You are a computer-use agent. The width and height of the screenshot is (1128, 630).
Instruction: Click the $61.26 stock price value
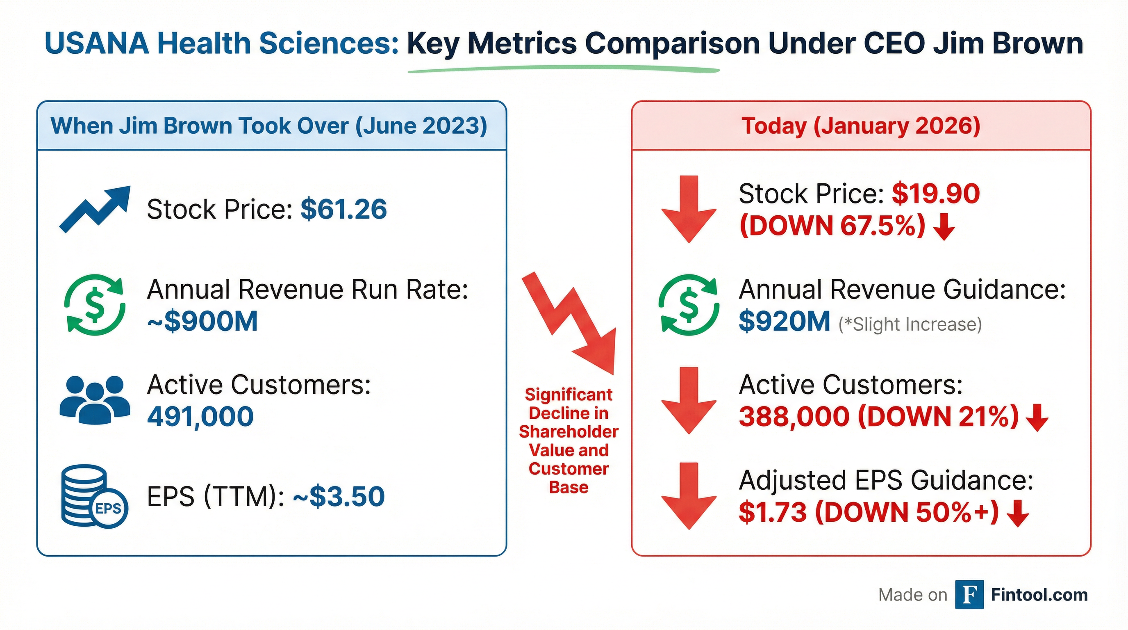[x=343, y=209]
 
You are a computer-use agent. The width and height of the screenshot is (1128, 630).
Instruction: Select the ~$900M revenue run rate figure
[x=202, y=321]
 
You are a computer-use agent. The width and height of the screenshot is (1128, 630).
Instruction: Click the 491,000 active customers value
[x=200, y=416]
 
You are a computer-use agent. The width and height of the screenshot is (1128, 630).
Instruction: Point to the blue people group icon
[x=95, y=399]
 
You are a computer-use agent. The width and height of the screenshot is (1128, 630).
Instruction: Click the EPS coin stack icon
[x=94, y=496]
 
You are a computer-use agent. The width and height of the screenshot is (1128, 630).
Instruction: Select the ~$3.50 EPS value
[x=339, y=496]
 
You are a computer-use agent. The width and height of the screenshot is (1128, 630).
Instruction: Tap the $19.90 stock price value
[x=935, y=194]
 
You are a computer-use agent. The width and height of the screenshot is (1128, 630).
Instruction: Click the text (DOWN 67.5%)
[x=832, y=226]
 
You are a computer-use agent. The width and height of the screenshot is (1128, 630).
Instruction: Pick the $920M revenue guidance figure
[x=784, y=321]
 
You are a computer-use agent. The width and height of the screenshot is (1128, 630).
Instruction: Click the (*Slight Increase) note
[x=910, y=324]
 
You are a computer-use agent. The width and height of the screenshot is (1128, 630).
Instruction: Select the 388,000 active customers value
[x=794, y=416]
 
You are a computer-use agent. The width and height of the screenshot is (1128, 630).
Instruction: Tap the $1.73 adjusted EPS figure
[x=773, y=512]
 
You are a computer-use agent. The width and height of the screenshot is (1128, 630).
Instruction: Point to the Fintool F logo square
[x=969, y=594]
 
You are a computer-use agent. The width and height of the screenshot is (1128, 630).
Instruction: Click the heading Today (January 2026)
[x=860, y=126]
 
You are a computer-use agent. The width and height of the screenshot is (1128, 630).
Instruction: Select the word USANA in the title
[x=97, y=43]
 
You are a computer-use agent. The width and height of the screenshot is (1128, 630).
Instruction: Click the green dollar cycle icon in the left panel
[x=95, y=305]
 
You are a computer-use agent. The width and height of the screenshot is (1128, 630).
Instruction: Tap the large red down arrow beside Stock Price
[x=688, y=210]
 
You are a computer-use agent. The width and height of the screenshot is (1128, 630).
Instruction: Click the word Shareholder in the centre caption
[x=569, y=432]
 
